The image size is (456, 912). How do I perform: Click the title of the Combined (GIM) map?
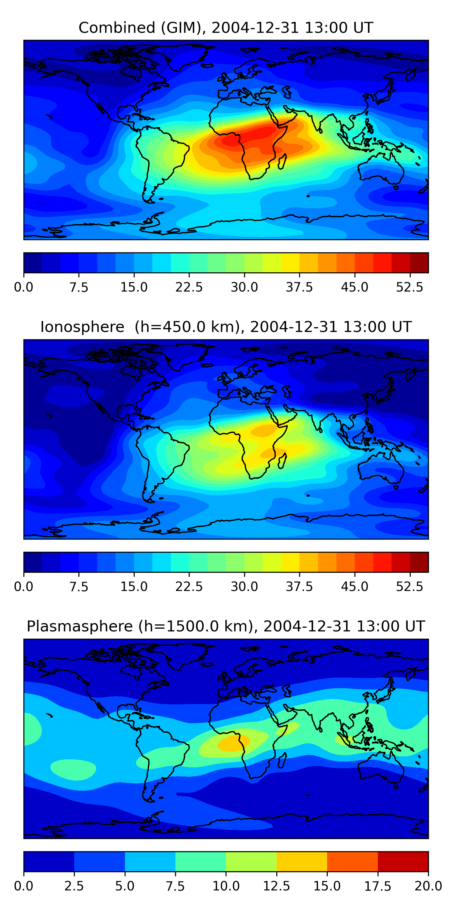pyautogui.click(x=226, y=28)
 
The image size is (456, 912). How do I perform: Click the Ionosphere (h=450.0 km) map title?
pyautogui.click(x=226, y=327)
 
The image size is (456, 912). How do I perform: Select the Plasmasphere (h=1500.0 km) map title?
pyautogui.click(x=226, y=626)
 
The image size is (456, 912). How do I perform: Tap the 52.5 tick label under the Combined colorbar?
pyautogui.click(x=409, y=287)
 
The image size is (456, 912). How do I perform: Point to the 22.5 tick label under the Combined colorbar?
pyautogui.click(x=189, y=287)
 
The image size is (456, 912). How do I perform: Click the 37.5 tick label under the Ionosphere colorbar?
pyautogui.click(x=299, y=587)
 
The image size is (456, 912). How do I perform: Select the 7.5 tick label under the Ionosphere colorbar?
pyautogui.click(x=79, y=587)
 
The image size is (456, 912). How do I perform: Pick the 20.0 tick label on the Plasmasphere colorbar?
pyautogui.click(x=428, y=886)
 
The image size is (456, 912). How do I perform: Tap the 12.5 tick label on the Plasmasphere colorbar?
pyautogui.click(x=277, y=886)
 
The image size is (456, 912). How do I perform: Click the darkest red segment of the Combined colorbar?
pyautogui.click(x=419, y=263)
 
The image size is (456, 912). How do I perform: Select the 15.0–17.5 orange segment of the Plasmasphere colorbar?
pyautogui.click(x=352, y=861)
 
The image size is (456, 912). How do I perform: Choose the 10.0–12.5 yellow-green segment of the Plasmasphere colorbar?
pyautogui.click(x=251, y=861)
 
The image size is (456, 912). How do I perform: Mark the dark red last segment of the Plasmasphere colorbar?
pyautogui.click(x=403, y=861)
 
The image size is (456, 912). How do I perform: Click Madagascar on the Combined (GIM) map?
pyautogui.click(x=282, y=162)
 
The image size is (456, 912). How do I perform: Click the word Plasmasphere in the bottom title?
pyautogui.click(x=80, y=626)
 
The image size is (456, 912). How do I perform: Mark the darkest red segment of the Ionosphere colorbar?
pyautogui.click(x=419, y=562)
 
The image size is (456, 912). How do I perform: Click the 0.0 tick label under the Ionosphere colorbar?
pyautogui.click(x=24, y=587)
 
